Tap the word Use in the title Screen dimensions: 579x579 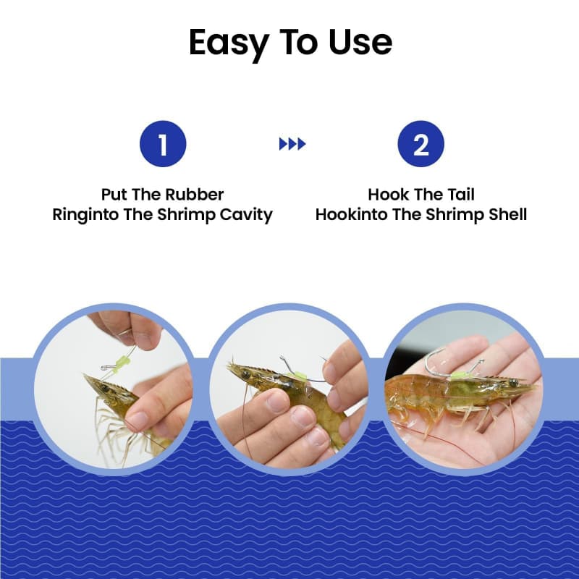(x=360, y=42)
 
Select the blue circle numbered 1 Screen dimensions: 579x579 (x=163, y=143)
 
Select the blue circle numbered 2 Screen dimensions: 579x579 (x=421, y=143)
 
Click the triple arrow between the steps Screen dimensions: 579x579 (x=292, y=143)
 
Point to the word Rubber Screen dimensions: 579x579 (x=194, y=194)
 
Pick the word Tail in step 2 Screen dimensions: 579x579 (x=461, y=194)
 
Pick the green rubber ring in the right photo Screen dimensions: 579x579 (x=460, y=376)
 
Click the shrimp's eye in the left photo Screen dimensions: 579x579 (x=106, y=389)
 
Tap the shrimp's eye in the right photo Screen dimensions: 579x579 (x=513, y=382)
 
